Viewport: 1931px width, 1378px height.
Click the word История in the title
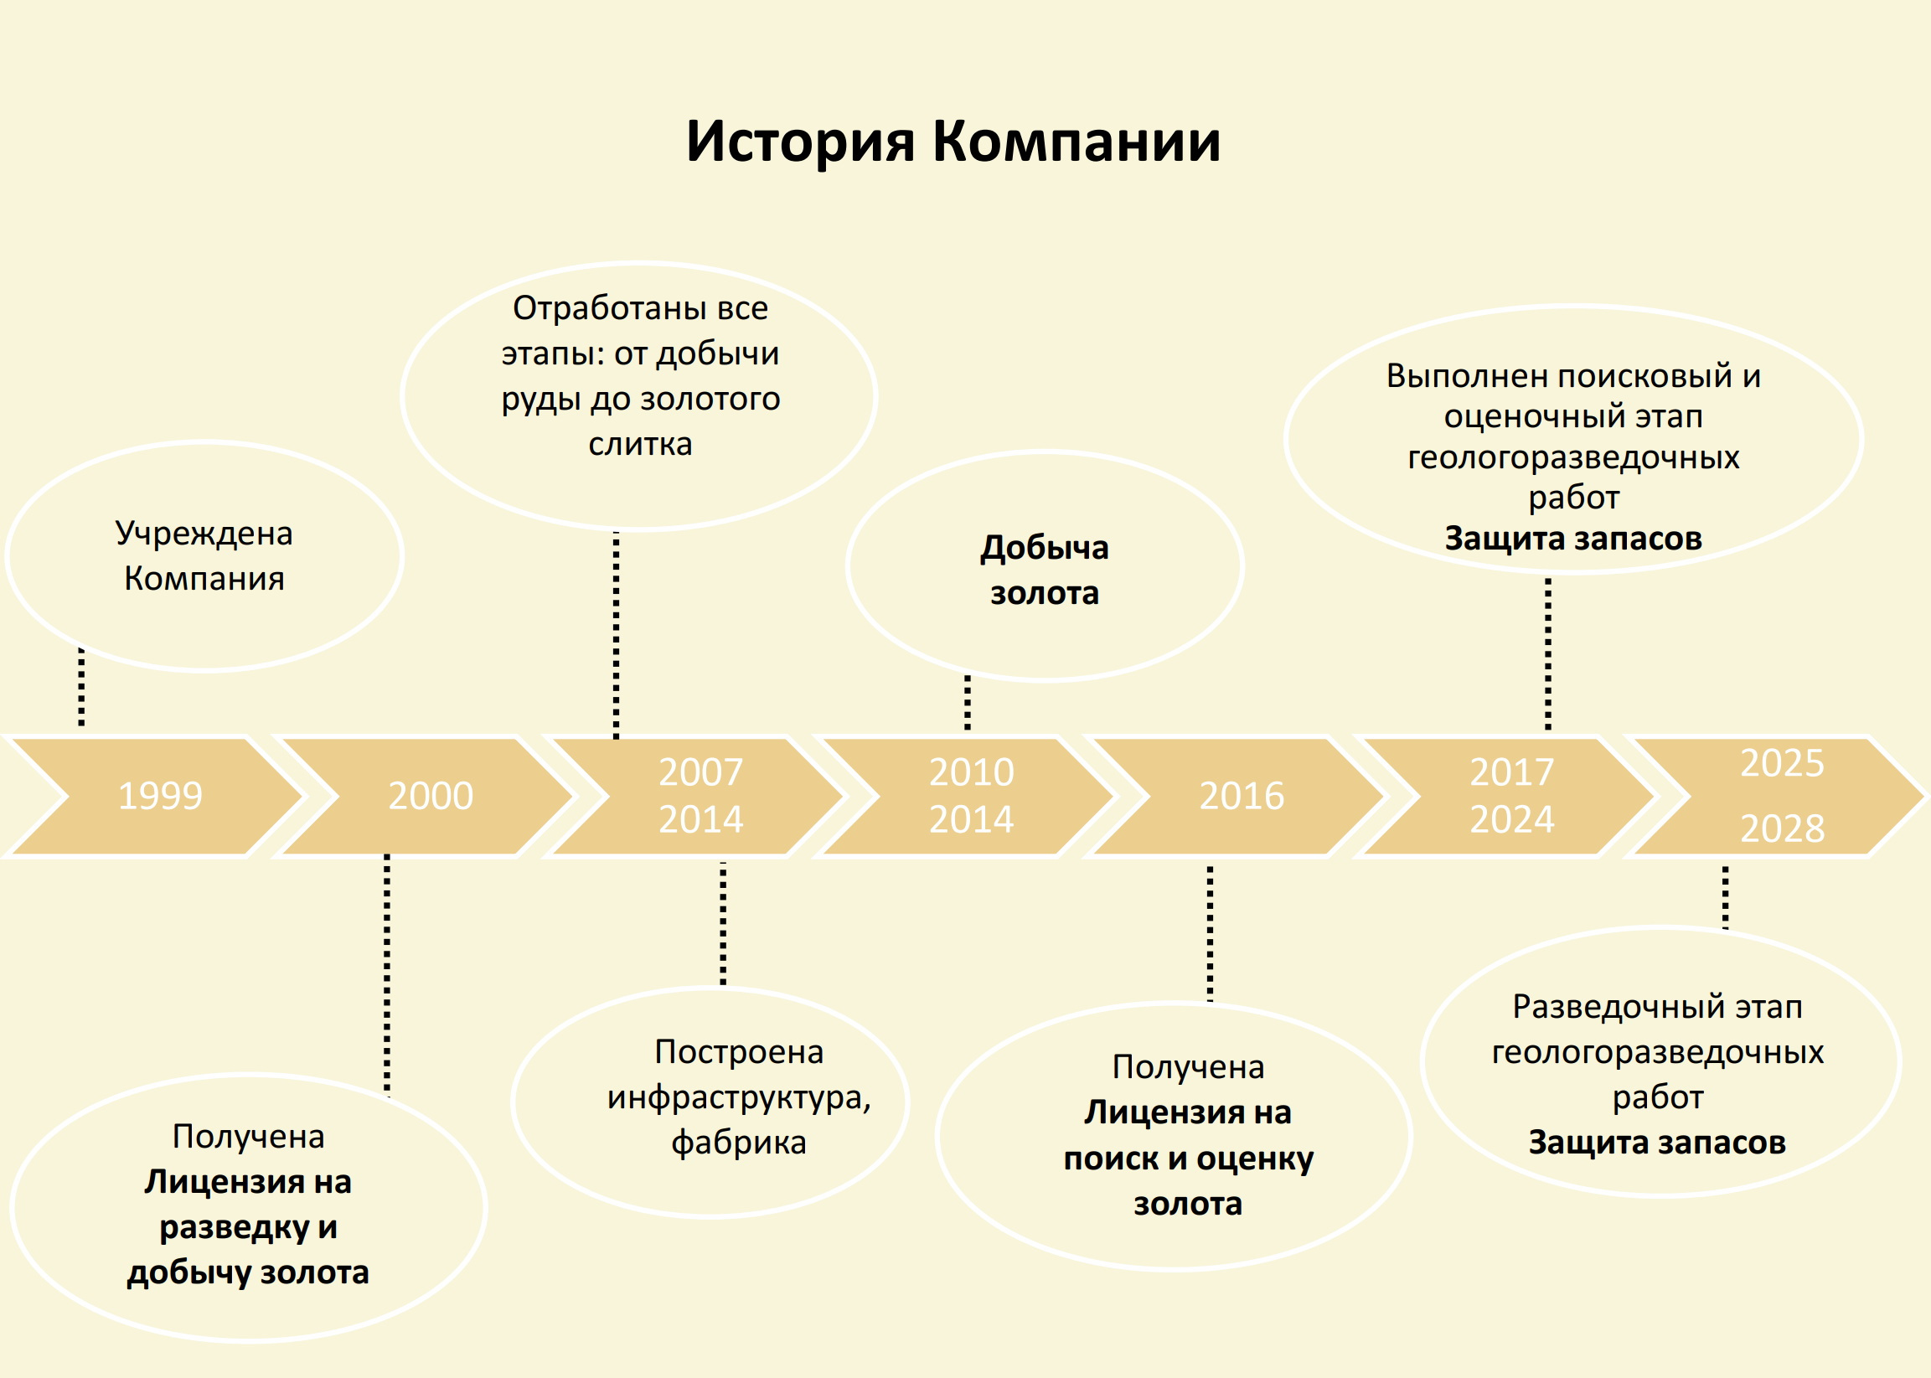pos(800,141)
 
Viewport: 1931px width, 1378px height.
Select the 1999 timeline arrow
pos(159,796)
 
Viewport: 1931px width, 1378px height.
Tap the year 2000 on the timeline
pos(430,796)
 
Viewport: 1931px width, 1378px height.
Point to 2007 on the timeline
pos(701,772)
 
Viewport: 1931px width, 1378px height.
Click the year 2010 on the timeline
pos(972,772)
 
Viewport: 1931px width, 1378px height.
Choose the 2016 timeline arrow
pos(1242,796)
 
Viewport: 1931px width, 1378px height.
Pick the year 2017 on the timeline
pos(1512,772)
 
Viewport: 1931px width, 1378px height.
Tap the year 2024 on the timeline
pos(1512,819)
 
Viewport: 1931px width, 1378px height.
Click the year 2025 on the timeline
pos(1782,764)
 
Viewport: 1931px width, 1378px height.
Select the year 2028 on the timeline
pos(1782,829)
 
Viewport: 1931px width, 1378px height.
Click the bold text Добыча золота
pos(1045,570)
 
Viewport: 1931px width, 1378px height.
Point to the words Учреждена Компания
pos(204,555)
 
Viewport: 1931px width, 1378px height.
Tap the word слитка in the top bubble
pos(640,445)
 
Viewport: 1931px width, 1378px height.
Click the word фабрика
pos(738,1143)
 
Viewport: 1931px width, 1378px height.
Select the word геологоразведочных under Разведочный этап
pos(1657,1053)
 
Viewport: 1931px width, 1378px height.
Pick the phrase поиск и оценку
pos(1188,1159)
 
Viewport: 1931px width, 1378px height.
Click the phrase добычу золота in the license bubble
pos(248,1272)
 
